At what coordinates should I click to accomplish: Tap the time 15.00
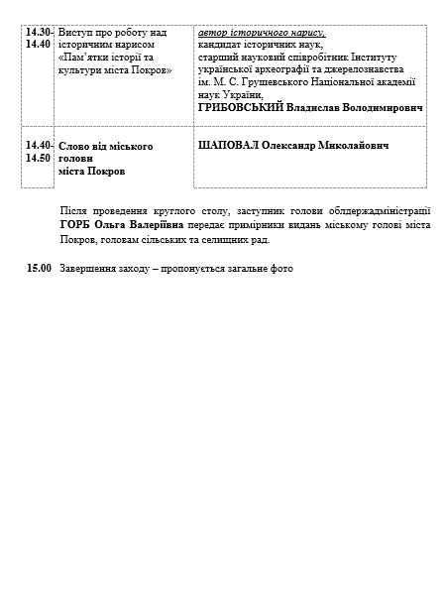(x=39, y=268)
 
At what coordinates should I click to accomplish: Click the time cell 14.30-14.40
(x=41, y=39)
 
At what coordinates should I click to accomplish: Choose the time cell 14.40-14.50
(x=41, y=152)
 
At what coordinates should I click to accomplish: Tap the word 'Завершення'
(x=87, y=268)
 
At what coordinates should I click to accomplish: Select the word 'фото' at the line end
(x=283, y=268)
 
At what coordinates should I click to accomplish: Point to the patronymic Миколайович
(x=345, y=146)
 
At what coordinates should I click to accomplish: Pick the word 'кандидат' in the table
(x=221, y=45)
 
